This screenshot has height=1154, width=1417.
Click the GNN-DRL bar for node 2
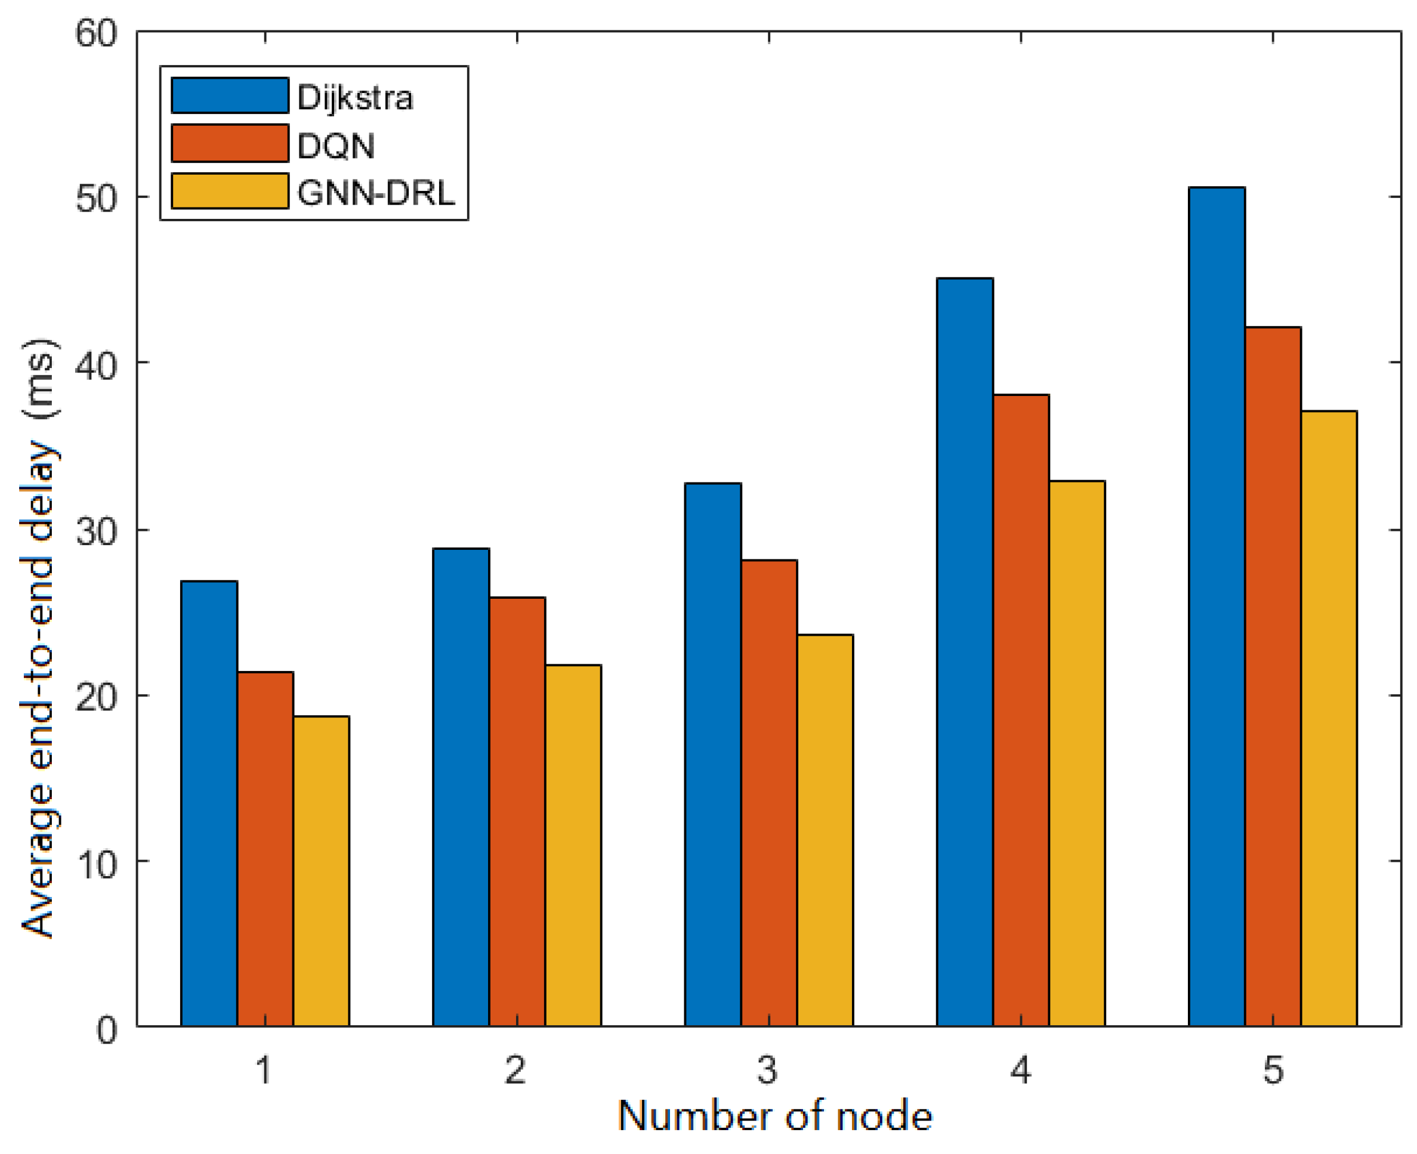[573, 844]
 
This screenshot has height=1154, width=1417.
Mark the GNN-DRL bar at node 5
[1328, 717]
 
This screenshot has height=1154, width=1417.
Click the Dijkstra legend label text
[354, 98]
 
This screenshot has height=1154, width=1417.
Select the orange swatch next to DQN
[230, 143]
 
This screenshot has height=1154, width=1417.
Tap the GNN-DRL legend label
[375, 193]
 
